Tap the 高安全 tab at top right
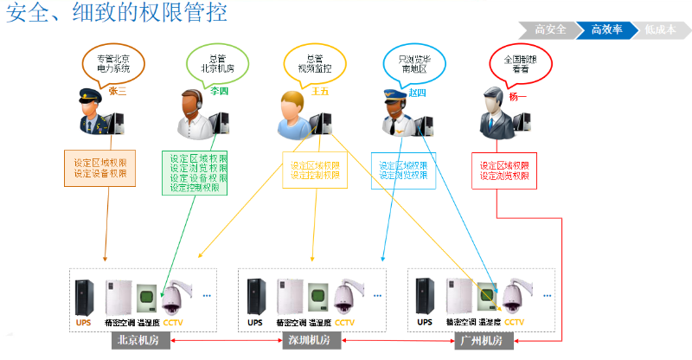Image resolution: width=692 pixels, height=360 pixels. point(551,29)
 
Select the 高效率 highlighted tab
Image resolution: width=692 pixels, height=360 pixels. point(607,29)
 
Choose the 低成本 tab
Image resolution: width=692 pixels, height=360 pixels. point(659,29)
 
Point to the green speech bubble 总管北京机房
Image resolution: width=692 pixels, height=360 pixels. point(211,63)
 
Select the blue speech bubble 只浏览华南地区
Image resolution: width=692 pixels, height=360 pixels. point(408,63)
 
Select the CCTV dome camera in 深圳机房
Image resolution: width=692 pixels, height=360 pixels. point(344,297)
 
